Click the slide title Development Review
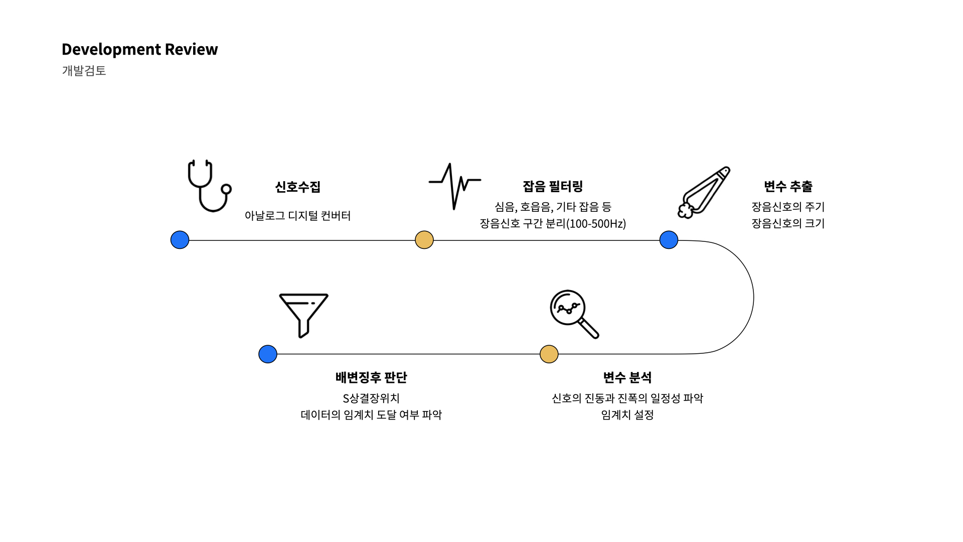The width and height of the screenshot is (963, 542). point(139,49)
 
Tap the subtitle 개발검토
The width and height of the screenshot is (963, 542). point(84,71)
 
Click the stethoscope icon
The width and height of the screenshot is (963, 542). point(209,186)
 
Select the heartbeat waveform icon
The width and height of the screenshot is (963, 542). point(454,186)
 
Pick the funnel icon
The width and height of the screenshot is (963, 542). point(303,315)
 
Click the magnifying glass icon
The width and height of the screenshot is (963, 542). point(573,314)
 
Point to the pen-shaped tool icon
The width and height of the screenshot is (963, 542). point(704,193)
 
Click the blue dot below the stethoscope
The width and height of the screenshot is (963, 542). point(180,240)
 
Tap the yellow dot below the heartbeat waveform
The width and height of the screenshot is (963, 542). point(424,240)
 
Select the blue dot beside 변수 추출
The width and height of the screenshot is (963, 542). point(669,240)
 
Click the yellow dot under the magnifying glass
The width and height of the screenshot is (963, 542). point(549,354)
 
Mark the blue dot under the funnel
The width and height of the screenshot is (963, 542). point(268,354)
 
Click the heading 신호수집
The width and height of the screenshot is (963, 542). point(297,187)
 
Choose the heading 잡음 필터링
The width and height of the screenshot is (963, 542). point(553,187)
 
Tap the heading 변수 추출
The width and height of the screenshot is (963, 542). point(788,187)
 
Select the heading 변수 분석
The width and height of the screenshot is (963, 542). point(627,377)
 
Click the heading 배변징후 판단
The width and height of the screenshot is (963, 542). point(371,377)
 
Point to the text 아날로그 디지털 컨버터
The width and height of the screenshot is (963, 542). point(297,216)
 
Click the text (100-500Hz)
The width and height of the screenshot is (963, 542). point(596,224)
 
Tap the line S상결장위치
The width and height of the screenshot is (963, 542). point(371,398)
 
